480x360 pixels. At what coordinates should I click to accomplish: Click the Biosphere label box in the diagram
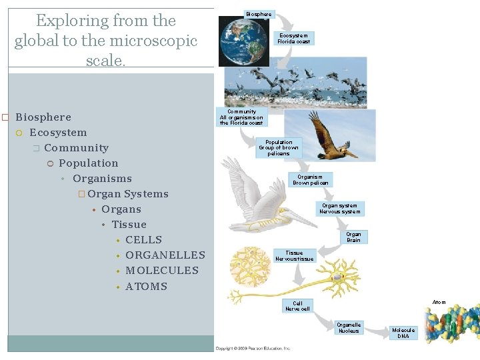259,14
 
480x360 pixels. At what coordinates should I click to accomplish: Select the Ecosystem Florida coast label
293,39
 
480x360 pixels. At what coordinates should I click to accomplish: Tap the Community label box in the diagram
241,117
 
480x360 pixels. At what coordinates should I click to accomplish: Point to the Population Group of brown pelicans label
279,148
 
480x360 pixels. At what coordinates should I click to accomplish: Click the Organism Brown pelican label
311,180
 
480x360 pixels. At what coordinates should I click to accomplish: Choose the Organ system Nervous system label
339,209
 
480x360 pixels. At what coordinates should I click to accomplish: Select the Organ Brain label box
353,237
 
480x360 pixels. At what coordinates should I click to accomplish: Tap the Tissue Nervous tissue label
294,256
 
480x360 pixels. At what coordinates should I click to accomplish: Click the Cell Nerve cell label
297,306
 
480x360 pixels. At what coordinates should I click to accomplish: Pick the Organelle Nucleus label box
349,327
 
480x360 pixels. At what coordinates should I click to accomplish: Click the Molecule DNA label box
403,333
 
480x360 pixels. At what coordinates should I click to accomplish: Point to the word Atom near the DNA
439,302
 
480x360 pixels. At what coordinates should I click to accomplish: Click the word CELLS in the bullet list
143,240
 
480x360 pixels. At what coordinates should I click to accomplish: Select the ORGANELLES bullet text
165,255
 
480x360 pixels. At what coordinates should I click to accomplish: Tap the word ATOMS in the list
146,287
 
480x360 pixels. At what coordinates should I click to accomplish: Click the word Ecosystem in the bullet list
58,133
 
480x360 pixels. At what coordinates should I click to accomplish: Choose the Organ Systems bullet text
127,194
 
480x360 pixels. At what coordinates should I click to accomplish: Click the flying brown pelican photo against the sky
329,135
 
